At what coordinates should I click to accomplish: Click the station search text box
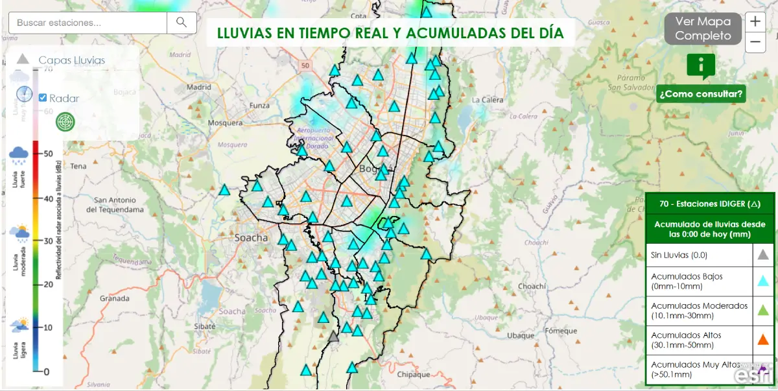(88, 23)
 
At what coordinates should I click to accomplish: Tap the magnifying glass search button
(182, 23)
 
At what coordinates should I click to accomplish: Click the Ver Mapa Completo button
(703, 29)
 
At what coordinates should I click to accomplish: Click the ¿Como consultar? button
(701, 94)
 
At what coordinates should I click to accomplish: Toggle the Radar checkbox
(43, 98)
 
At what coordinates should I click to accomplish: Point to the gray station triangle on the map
(333, 337)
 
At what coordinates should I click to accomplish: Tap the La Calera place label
(488, 100)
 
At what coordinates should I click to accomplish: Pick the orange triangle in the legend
(763, 338)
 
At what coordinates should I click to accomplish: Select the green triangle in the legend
(763, 310)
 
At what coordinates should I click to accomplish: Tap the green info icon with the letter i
(701, 65)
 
